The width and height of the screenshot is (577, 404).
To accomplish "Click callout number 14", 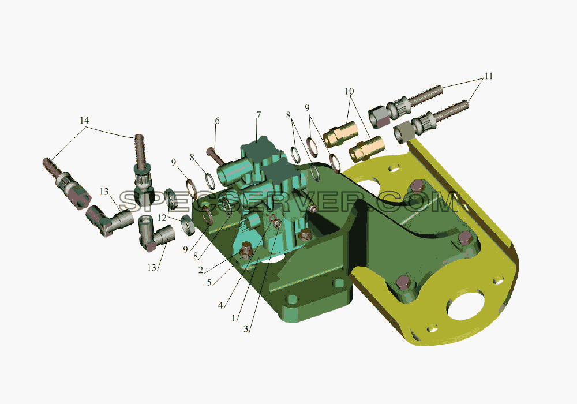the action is pos(84,120).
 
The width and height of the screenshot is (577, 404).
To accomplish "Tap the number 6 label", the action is pos(217,121).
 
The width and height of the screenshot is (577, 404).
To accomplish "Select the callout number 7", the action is pos(258,115).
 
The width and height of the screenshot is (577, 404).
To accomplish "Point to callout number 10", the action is pos(349,91).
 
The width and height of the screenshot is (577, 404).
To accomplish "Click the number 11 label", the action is pos(488,76).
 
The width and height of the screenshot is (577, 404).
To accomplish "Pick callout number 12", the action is pos(162,218).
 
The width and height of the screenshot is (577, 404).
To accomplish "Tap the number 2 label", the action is pos(201,271).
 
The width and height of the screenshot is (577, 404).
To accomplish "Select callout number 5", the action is pos(209,283).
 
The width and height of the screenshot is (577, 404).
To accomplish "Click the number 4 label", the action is pos(220,305).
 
